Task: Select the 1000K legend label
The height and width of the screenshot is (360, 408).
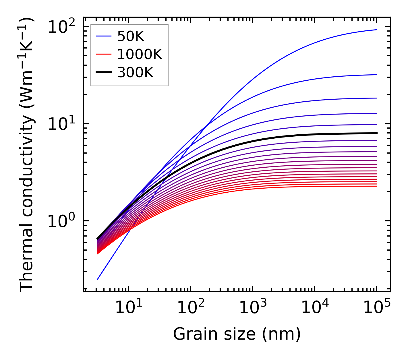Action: (140, 54)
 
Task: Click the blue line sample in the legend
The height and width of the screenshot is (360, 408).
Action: (104, 36)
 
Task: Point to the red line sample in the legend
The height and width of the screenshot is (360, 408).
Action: (104, 54)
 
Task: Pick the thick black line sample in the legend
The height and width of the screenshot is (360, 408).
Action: (104, 73)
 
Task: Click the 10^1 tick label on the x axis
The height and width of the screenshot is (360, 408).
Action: (128, 308)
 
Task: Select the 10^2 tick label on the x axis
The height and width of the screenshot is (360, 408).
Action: (190, 308)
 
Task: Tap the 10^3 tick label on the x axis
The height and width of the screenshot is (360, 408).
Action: (252, 308)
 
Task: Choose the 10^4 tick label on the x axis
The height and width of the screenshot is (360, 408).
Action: (315, 308)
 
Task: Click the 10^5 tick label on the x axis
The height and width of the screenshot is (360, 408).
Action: (377, 308)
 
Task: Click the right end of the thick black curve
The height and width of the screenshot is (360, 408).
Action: (376, 133)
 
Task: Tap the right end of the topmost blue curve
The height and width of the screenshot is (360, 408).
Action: (376, 30)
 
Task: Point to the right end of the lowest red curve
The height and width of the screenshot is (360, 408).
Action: (376, 186)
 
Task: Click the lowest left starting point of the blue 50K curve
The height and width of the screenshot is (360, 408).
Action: (98, 279)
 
